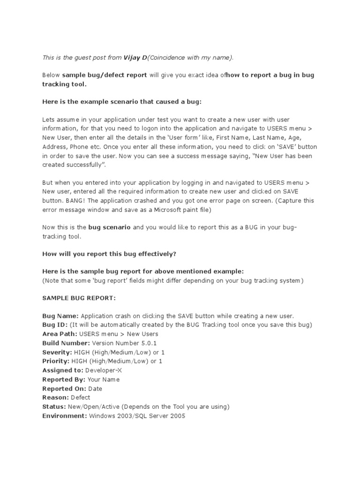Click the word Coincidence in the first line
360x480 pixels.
coord(166,58)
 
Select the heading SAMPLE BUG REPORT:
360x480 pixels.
coord(79,298)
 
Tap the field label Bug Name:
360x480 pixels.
coord(60,316)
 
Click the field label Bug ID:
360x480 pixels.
coord(55,325)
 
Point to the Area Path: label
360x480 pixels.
coord(60,334)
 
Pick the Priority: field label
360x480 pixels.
coord(56,361)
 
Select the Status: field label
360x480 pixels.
coord(54,406)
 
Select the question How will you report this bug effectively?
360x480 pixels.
coord(109,254)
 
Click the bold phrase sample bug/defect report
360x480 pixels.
coord(105,75)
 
